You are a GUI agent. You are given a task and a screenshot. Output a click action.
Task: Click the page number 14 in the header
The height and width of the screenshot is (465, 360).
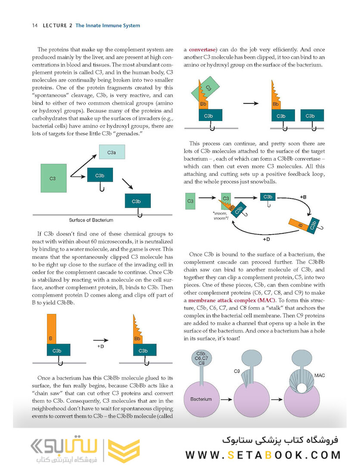pyautogui.click(x=35, y=26)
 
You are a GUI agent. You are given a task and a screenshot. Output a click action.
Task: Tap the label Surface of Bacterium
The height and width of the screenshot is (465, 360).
pyautogui.click(x=91, y=220)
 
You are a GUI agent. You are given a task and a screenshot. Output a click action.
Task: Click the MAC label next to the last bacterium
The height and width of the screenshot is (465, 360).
pyautogui.click(x=320, y=375)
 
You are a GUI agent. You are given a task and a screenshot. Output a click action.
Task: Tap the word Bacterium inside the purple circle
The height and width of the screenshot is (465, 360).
pyautogui.click(x=202, y=399)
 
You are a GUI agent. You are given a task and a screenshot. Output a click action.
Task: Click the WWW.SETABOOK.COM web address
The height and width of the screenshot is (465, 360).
pyautogui.click(x=263, y=455)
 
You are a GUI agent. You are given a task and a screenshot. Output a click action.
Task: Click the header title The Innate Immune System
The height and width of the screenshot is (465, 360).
pyautogui.click(x=108, y=26)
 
